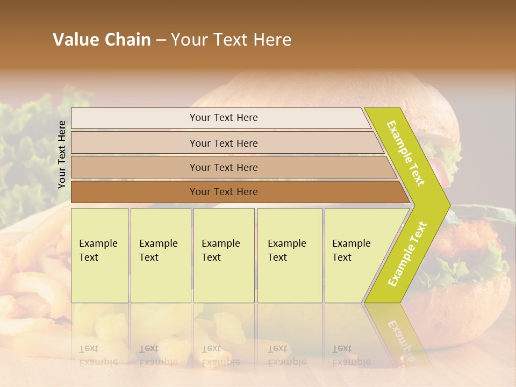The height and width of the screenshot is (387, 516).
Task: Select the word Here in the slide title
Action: coord(272,40)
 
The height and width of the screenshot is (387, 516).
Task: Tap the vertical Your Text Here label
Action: coord(62,154)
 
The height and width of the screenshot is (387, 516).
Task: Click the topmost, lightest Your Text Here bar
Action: coord(223,118)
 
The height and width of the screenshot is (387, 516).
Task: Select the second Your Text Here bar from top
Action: coord(223,143)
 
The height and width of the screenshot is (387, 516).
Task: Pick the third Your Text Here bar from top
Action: coord(223,167)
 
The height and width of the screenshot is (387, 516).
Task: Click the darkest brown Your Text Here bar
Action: coord(223,192)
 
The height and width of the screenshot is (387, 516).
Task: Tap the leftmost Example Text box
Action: coord(99,255)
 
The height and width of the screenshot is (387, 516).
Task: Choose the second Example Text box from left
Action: coord(160,255)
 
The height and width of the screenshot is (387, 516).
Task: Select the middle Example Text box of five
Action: coord(224,255)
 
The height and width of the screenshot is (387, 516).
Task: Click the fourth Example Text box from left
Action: coord(289,255)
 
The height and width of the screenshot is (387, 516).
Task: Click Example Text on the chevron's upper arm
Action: coord(406,153)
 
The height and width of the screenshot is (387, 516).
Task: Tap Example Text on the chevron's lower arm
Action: coord(407,254)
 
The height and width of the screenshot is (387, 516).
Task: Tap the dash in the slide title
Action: coord(161,40)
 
